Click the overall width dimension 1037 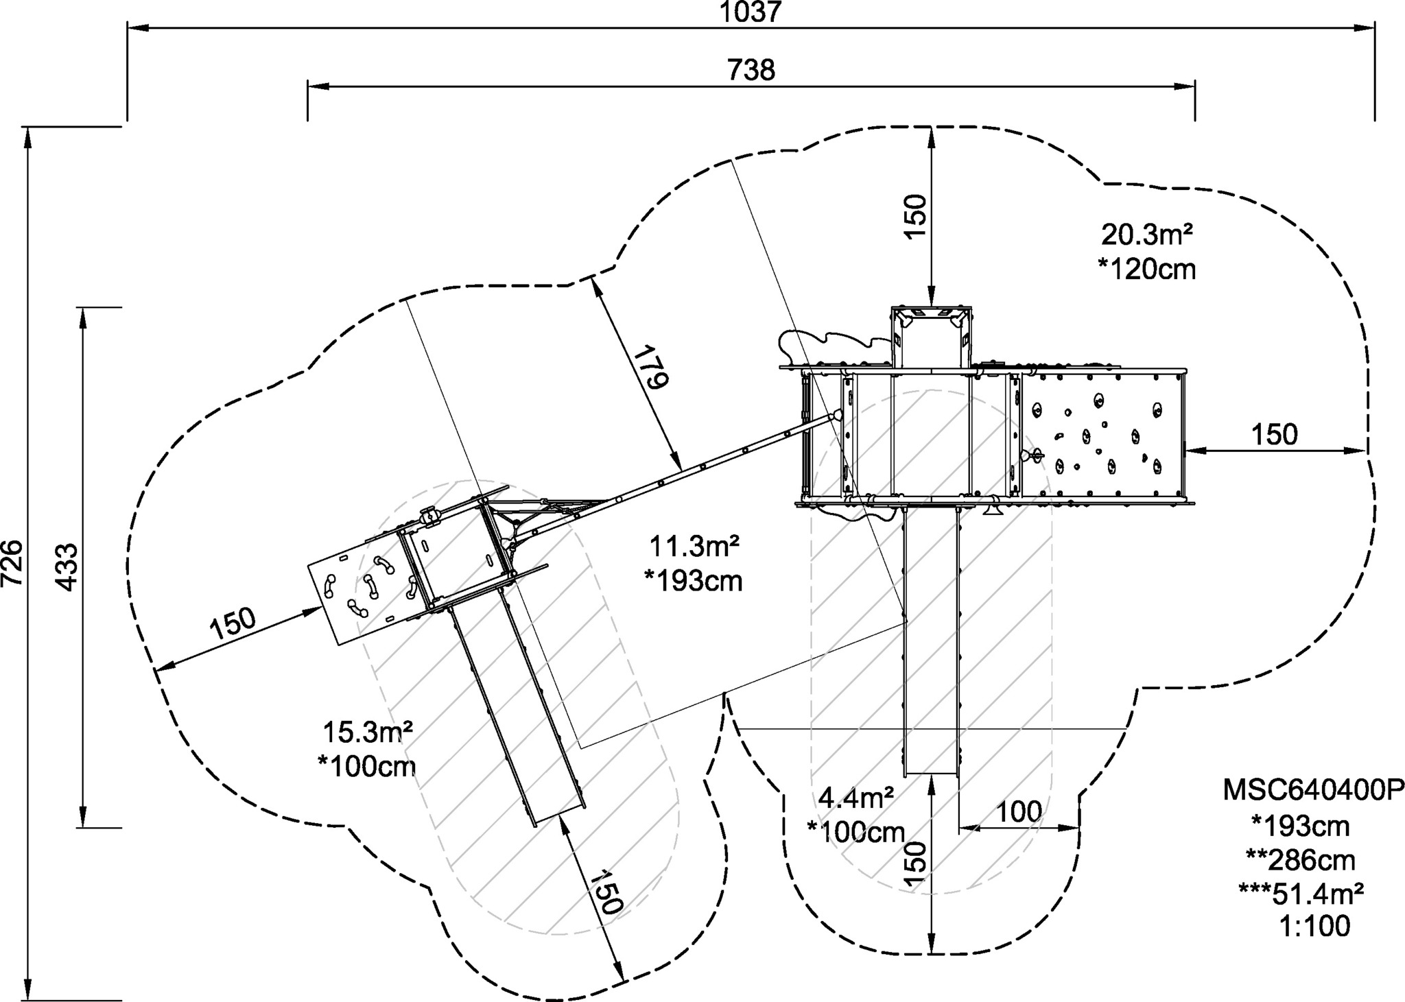pyautogui.click(x=751, y=12)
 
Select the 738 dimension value pyautogui.click(x=751, y=70)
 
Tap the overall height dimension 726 pyautogui.click(x=13, y=563)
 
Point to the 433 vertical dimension pyautogui.click(x=67, y=567)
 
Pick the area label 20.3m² pyautogui.click(x=1146, y=235)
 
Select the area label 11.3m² pyautogui.click(x=694, y=547)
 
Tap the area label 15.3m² pyautogui.click(x=368, y=732)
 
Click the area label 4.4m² pyautogui.click(x=856, y=798)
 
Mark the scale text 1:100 pyautogui.click(x=1314, y=927)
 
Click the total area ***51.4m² pyautogui.click(x=1301, y=893)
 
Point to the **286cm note pyautogui.click(x=1301, y=859)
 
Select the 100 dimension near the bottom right pyautogui.click(x=1018, y=812)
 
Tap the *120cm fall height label pyautogui.click(x=1146, y=270)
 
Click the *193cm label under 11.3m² pyautogui.click(x=694, y=582)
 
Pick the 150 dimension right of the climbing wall pyautogui.click(x=1275, y=434)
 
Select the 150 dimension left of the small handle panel pyautogui.click(x=233, y=623)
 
